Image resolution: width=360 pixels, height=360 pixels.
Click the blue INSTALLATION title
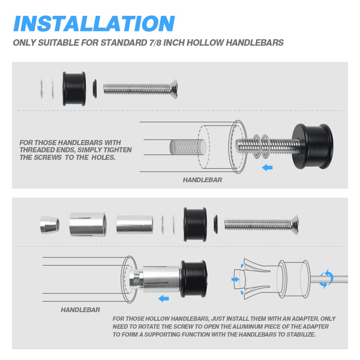94,23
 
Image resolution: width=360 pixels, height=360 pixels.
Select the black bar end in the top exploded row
74,89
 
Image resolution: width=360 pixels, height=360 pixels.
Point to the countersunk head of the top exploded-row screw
174,89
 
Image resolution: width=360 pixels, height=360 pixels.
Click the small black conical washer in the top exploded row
95,89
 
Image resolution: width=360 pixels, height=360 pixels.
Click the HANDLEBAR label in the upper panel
202,180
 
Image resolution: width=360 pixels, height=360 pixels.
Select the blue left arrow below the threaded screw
267,168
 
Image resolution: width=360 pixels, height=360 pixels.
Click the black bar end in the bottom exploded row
195,225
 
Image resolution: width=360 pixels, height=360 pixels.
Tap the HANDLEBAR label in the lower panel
80,310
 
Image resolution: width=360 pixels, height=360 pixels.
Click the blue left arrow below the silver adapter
164,299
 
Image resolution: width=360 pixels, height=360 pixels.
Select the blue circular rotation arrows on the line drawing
326,279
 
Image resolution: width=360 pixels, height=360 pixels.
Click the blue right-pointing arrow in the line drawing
235,279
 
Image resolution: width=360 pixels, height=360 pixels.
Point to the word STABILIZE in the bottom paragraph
301,334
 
